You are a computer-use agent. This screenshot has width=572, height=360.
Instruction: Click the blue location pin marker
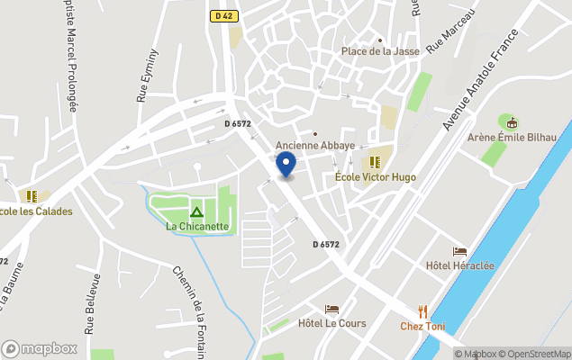[x=285, y=164]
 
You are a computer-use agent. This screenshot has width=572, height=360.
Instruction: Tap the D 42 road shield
[x=222, y=16]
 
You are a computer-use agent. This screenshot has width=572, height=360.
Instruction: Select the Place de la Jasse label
[x=380, y=51]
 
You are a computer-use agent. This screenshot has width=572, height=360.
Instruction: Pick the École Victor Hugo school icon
[x=374, y=162]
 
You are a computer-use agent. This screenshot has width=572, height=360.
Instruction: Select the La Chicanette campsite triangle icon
[x=196, y=212]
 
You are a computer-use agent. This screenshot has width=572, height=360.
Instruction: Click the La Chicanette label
[x=197, y=227]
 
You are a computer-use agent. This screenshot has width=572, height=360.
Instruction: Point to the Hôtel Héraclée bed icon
[x=459, y=251]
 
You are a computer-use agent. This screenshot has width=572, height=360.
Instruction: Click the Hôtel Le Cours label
[x=331, y=323]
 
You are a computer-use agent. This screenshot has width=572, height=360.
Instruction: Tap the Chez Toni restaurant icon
[x=422, y=311]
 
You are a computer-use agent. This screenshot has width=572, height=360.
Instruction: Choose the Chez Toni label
[x=422, y=326]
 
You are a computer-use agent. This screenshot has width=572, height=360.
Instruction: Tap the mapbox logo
[x=40, y=348]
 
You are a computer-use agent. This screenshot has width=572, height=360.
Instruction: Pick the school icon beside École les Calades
[x=32, y=195]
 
